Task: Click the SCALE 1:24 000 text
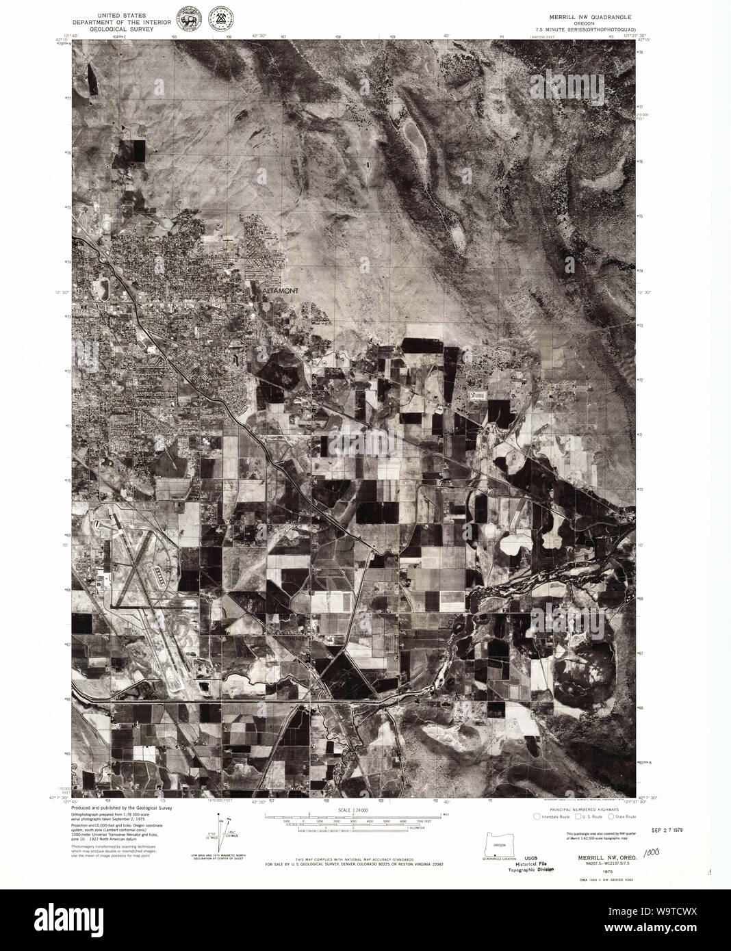349,809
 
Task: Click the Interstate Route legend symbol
538,816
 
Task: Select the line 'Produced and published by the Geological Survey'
122,808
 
